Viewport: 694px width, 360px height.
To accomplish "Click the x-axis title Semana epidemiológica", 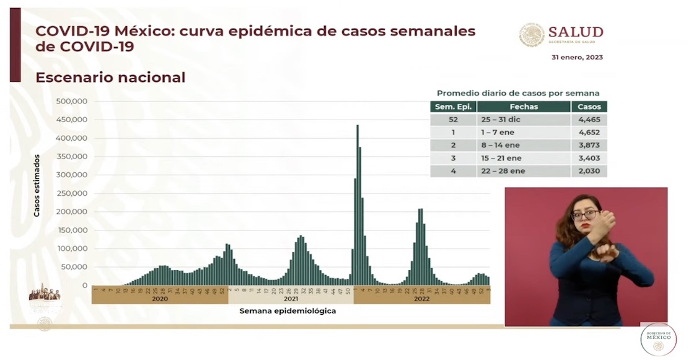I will pos(288,311).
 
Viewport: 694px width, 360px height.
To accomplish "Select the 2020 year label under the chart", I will pos(160,298).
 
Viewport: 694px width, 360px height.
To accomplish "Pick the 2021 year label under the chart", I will pos(291,298).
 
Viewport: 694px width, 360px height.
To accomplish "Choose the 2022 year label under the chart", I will pos(421,298).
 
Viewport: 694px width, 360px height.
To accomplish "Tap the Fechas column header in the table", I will pos(524,107).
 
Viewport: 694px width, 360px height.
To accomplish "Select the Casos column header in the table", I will pos(589,107).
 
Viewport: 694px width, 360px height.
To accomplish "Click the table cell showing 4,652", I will pos(589,132).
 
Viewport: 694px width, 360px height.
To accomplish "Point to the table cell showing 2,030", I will pos(589,171).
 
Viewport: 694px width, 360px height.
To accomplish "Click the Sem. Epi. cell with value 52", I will pos(453,119).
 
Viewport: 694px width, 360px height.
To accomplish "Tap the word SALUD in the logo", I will pos(575,33).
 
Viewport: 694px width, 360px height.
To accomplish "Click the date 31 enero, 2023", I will pos(577,58).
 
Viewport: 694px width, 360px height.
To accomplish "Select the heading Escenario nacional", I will pos(110,77).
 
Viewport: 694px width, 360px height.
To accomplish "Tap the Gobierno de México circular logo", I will pos(658,339).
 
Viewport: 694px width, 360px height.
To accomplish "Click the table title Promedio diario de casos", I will pos(518,93).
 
